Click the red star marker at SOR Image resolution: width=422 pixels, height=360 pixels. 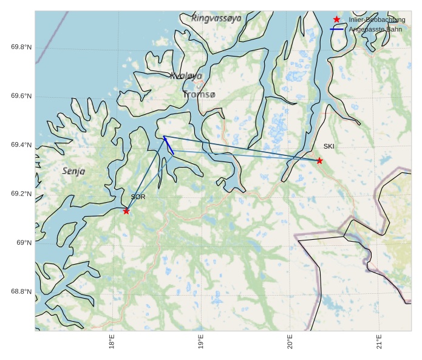[x=126, y=211]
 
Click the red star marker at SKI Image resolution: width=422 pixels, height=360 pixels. [x=319, y=160]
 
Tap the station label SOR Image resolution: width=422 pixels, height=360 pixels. [x=138, y=197]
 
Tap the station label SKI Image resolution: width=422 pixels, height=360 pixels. [x=328, y=146]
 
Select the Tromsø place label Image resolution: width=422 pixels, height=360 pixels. [x=199, y=95]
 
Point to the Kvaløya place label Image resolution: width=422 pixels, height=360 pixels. [x=186, y=76]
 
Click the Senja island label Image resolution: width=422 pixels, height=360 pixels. [x=74, y=171]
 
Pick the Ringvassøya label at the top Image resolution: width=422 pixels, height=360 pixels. [x=216, y=18]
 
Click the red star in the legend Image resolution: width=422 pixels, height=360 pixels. [x=336, y=19]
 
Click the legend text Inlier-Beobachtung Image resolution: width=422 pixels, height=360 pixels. [x=376, y=19]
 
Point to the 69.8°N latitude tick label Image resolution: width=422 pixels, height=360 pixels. [x=21, y=47]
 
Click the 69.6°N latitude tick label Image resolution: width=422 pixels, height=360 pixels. [x=21, y=96]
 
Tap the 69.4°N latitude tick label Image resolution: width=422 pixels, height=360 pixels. [x=21, y=145]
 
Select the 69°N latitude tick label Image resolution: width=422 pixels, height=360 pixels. [x=24, y=243]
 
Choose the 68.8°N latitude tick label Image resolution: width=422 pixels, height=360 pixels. [x=21, y=291]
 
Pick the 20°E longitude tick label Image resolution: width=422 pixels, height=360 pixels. [x=290, y=342]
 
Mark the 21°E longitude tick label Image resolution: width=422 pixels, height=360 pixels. [x=379, y=342]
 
